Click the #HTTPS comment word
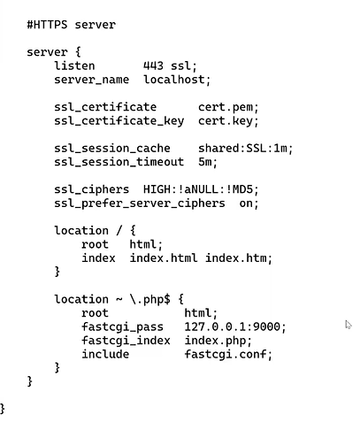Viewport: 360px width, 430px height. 47,24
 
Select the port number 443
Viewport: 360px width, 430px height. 153,65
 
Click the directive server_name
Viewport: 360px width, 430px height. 91,80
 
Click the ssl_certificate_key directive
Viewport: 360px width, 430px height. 119,121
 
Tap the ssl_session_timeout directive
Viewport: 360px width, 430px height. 119,162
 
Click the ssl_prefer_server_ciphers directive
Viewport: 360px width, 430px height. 140,203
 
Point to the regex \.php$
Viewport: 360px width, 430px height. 150,299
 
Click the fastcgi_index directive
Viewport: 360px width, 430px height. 126,341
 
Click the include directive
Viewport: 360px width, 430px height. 105,354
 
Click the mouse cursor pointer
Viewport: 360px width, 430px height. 348,325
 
